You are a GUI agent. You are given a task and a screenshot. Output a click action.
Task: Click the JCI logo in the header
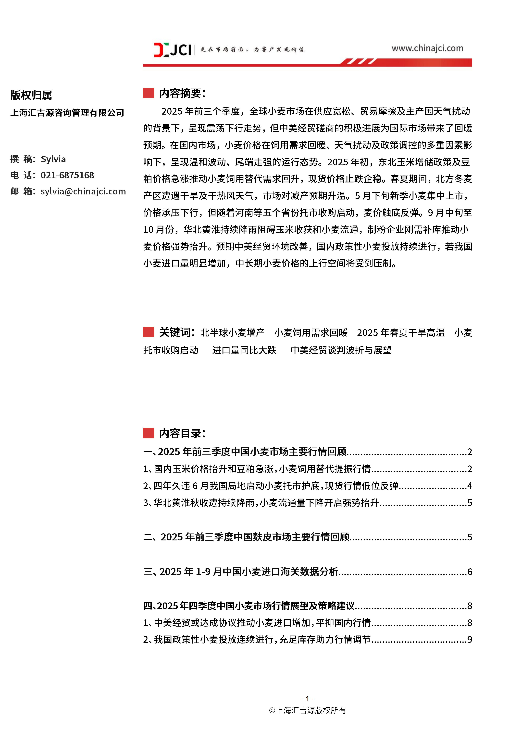coord(173,50)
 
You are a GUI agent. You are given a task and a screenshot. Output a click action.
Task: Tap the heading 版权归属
coord(31,95)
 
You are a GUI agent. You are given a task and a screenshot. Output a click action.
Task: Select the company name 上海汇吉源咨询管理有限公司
coord(67,113)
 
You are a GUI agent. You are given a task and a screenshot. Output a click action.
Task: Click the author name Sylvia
coord(53,159)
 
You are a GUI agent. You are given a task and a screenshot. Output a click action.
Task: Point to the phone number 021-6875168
coord(67,175)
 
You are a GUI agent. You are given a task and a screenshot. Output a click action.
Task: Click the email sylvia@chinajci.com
coord(83,191)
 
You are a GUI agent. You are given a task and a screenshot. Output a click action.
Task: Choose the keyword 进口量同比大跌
coord(244,350)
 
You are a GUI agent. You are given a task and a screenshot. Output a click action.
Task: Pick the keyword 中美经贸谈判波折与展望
coord(341,350)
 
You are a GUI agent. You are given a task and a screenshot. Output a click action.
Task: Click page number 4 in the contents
coord(470,486)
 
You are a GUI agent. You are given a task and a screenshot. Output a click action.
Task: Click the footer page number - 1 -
coord(307,698)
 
